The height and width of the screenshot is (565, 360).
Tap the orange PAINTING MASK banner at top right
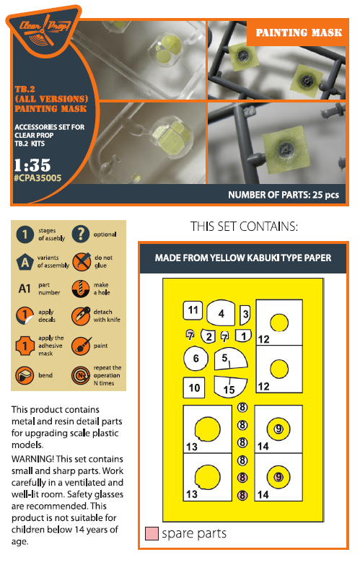(x=297, y=32)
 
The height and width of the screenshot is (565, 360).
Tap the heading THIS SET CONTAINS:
(x=243, y=227)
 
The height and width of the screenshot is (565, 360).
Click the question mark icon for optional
(x=80, y=235)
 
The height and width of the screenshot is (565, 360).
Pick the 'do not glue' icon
(x=80, y=262)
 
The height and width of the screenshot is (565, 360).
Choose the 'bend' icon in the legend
(x=26, y=375)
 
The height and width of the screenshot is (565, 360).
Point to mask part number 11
(x=193, y=311)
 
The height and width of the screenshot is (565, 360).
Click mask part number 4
(x=221, y=313)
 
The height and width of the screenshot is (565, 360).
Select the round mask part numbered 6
(x=193, y=357)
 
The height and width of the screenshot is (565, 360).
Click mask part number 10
(x=193, y=387)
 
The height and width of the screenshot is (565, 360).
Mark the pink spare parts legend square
(x=151, y=534)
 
